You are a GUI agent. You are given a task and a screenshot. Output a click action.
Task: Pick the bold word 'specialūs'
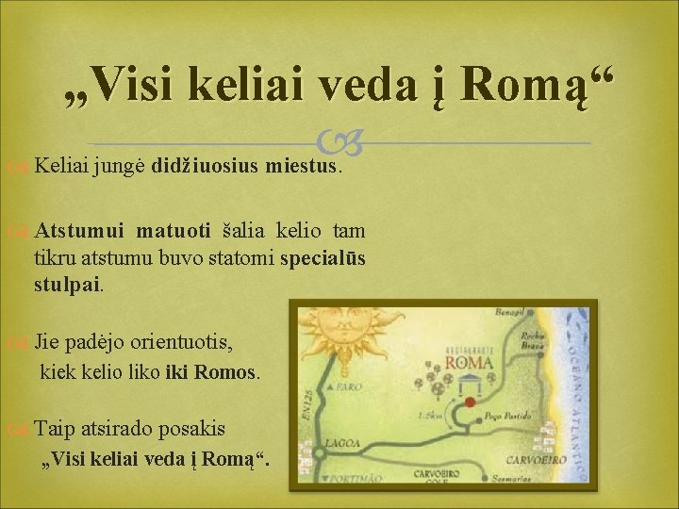(x=323, y=257)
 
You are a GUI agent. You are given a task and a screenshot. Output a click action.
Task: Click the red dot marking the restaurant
(x=470, y=402)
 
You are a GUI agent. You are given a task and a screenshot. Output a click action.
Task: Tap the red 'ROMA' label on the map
(x=470, y=363)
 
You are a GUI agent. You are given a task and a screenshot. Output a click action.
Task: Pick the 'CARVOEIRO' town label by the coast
(x=535, y=459)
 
